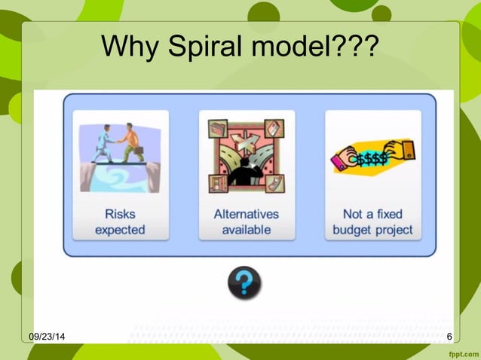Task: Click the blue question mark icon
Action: (244, 283)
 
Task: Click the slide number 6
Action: (449, 336)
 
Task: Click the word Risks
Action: (120, 214)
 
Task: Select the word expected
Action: (120, 229)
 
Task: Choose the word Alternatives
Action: (246, 214)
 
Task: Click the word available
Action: (246, 229)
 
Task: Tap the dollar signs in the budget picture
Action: (373, 159)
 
